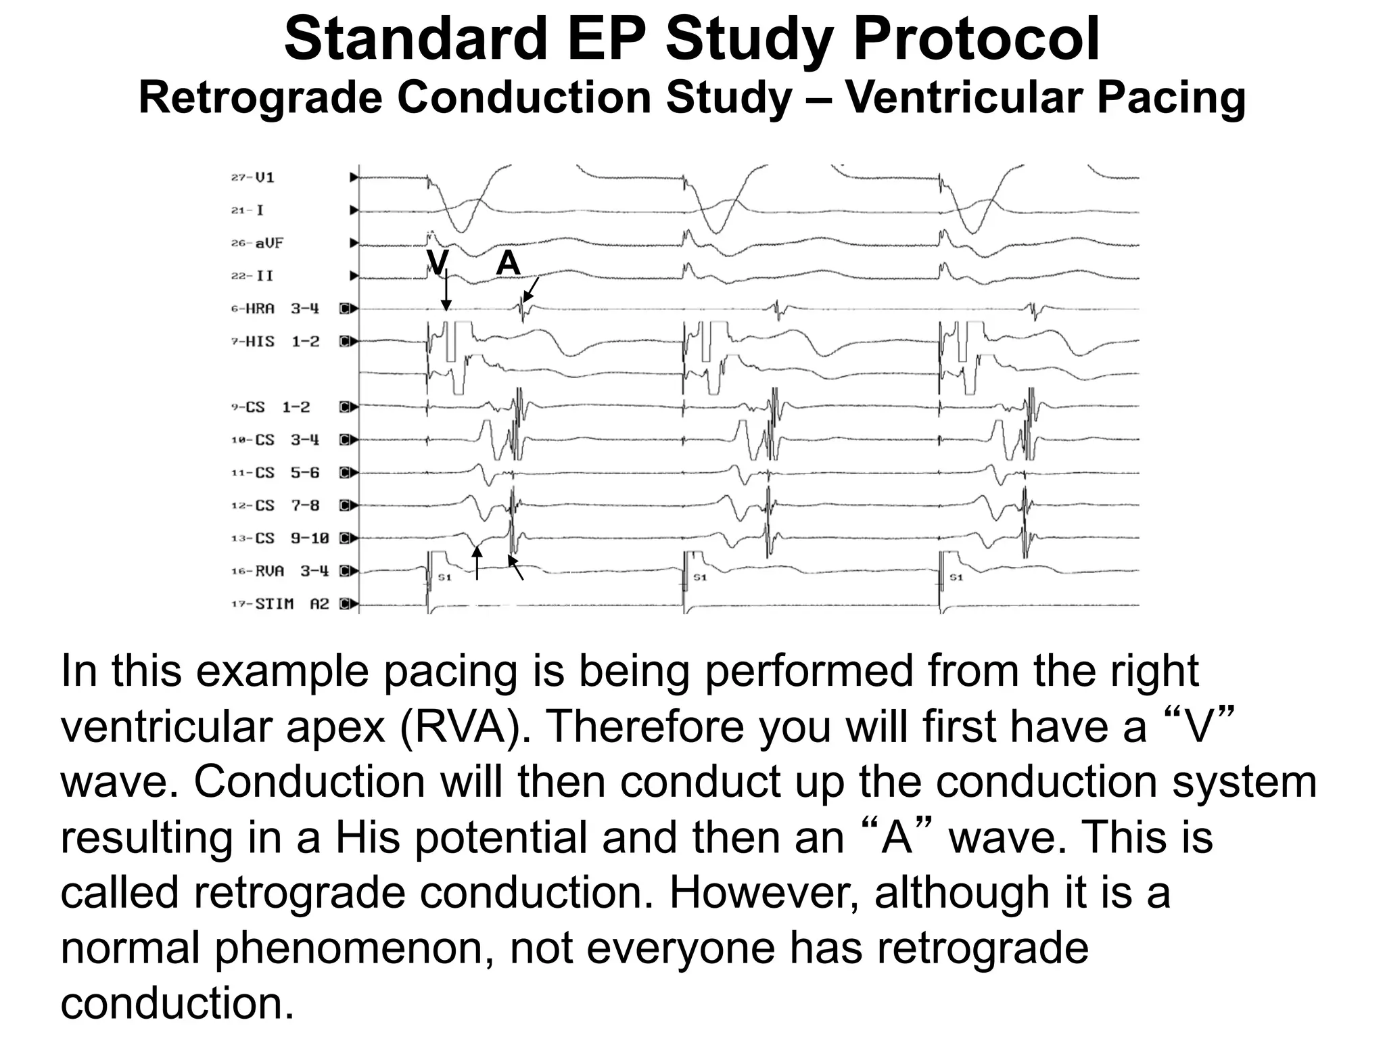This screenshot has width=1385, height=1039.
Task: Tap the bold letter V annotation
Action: click(438, 262)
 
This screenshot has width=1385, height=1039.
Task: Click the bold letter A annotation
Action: click(509, 263)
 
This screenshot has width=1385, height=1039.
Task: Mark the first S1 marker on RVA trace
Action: click(445, 578)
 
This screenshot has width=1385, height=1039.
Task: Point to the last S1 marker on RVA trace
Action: click(956, 578)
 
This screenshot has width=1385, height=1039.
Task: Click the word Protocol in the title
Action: click(977, 39)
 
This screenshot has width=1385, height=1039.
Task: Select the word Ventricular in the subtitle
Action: click(963, 98)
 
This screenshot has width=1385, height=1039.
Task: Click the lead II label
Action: click(264, 276)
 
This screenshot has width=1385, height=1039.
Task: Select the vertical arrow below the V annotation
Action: click(446, 291)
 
